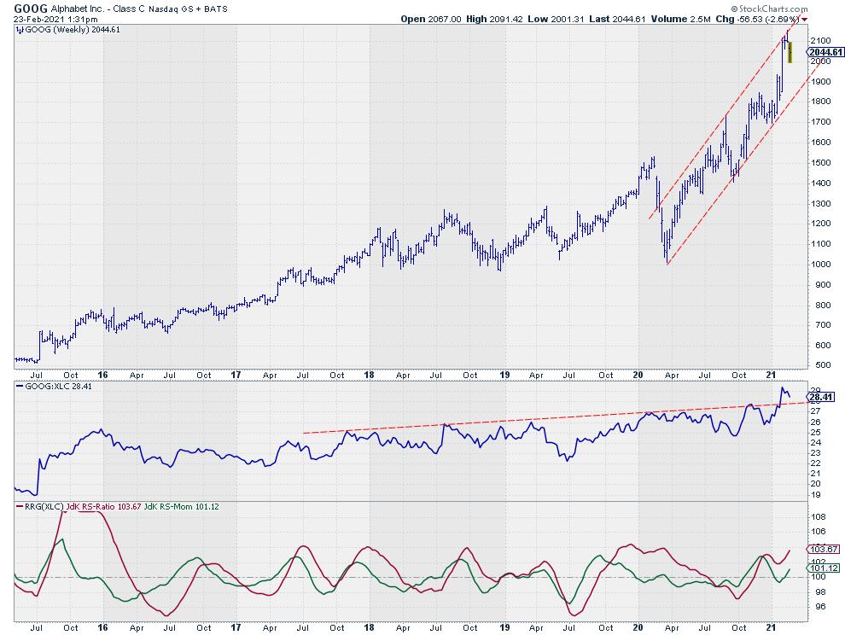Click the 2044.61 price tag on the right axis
click(x=824, y=51)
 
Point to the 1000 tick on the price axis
click(x=821, y=264)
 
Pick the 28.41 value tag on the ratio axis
click(x=822, y=397)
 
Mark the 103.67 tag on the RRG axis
click(x=824, y=550)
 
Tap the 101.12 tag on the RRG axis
click(x=824, y=568)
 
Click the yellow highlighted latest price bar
click(x=790, y=51)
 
